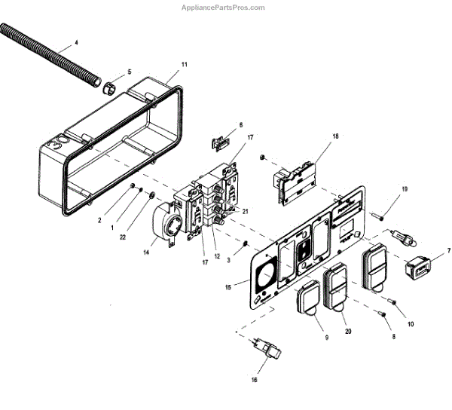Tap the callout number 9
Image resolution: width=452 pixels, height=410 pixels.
click(305, 338)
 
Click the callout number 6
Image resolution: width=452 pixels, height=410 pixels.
click(241, 125)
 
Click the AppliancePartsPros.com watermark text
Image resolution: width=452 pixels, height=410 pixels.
click(224, 8)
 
